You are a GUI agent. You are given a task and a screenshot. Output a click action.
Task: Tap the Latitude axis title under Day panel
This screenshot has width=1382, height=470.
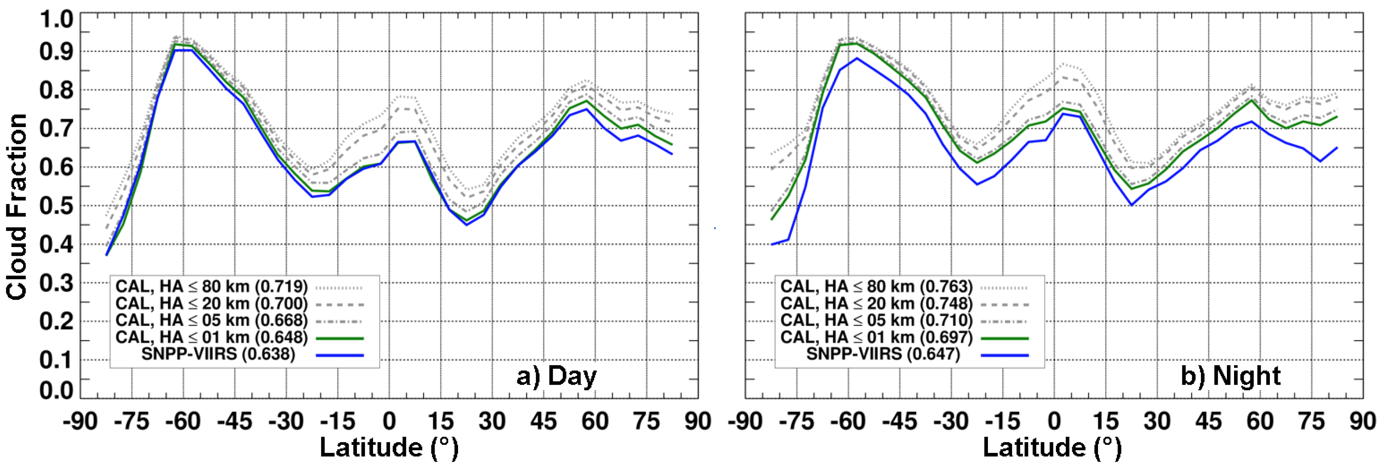(389, 447)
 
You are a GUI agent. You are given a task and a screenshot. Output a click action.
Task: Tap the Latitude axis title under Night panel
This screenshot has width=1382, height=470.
(1052, 447)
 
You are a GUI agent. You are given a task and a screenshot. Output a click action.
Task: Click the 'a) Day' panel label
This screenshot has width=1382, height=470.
(556, 376)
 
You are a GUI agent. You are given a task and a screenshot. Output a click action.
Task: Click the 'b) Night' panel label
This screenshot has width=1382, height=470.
(1230, 376)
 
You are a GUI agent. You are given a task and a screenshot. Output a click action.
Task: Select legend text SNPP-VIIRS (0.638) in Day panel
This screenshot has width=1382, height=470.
(218, 354)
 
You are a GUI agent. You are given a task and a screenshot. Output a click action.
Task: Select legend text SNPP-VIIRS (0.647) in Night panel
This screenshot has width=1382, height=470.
(883, 354)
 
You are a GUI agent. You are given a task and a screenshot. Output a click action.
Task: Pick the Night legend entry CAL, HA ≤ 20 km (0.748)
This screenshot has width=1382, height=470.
(876, 304)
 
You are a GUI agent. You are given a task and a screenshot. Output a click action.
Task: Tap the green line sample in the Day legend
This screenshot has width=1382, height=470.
(340, 339)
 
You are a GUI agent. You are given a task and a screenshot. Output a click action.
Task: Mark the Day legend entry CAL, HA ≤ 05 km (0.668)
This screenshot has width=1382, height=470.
(212, 321)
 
